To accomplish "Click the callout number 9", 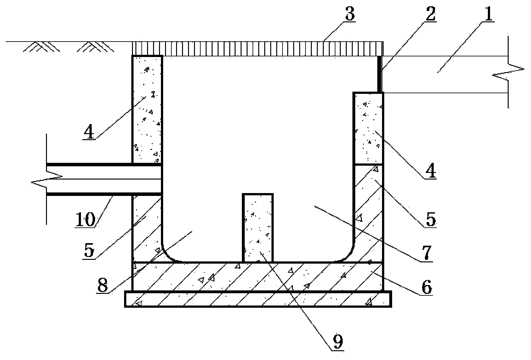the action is point(338,341).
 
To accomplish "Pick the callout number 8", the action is point(103,285).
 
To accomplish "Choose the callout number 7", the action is point(426,253).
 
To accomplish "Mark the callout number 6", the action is point(426,287).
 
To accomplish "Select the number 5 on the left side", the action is point(89,250).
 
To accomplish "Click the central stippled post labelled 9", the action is point(258,228).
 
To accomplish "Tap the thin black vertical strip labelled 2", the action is point(380,74).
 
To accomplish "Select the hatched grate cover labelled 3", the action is point(258,49).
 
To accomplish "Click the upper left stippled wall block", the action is point(147,110).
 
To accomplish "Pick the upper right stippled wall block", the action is point(368,128).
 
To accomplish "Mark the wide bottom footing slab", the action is point(258,299).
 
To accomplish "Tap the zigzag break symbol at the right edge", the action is point(508,72).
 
